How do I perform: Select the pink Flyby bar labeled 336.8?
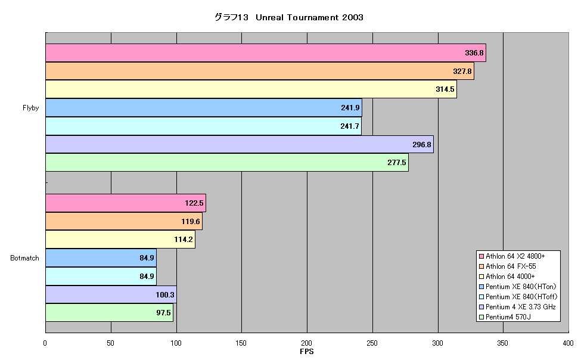coord(266,52)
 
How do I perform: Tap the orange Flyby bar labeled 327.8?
coord(260,71)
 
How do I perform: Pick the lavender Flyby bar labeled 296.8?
coord(240,144)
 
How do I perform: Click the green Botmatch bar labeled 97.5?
coord(110,313)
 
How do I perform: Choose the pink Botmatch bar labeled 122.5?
coord(126,203)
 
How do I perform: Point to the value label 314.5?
coord(445,89)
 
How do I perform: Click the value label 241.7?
coord(349,126)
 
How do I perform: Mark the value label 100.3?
coord(165,294)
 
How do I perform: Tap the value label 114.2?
coord(183,240)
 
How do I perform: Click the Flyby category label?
coord(30,108)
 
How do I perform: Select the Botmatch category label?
coord(24,258)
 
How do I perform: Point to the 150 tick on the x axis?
coord(241,343)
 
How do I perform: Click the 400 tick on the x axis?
coord(568,343)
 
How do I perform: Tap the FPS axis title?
coord(307,352)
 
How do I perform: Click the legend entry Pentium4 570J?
coord(505,317)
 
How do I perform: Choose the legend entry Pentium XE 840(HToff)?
coord(518,297)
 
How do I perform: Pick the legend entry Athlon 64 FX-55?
coord(507,266)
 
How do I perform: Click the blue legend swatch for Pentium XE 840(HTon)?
coord(481,287)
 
